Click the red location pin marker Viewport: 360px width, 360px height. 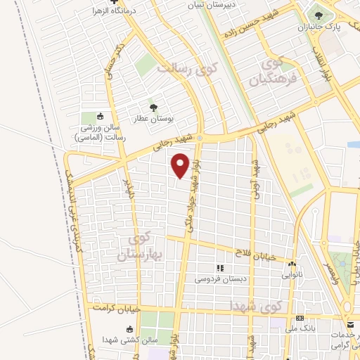coord(181,166)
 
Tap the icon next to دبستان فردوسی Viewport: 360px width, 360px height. coord(220,268)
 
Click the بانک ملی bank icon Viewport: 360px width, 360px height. coord(299,319)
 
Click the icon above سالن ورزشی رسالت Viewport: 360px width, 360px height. coord(100,116)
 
